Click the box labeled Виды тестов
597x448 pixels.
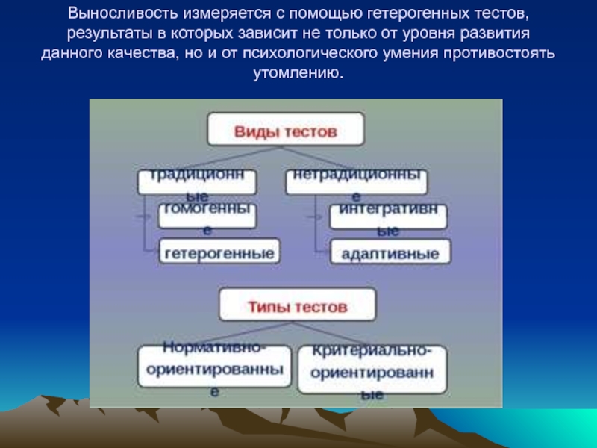point(287,130)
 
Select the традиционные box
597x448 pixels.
point(196,182)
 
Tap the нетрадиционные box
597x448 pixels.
point(357,182)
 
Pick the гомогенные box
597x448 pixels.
point(207,216)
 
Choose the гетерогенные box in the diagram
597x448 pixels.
point(218,252)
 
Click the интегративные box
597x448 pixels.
point(389,217)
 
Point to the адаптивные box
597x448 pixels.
point(390,252)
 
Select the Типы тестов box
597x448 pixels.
point(297,305)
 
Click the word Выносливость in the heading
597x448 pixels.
point(114,14)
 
